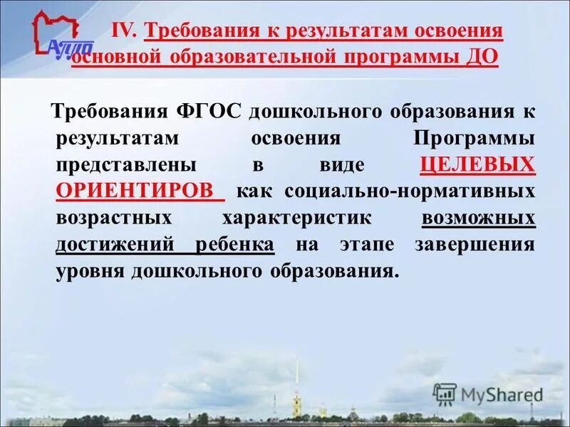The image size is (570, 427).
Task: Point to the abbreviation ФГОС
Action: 211,112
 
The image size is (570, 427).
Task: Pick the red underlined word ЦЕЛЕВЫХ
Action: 477,165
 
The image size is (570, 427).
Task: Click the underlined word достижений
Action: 115,244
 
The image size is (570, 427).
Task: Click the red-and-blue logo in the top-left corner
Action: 62,36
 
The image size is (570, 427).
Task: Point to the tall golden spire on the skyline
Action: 297,384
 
